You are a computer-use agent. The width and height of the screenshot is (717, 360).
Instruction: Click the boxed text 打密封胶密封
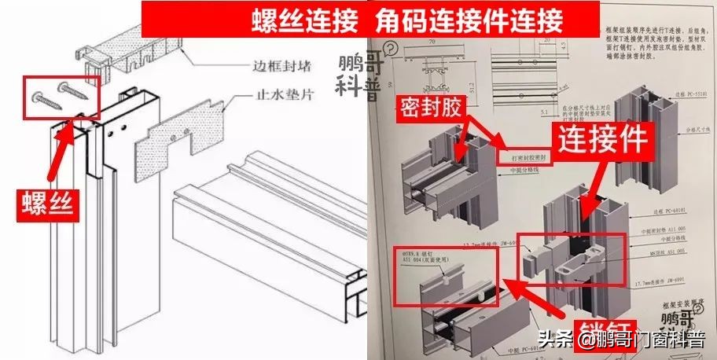point(527,156)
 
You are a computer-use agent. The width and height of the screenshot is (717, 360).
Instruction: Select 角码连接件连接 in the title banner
point(461,18)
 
